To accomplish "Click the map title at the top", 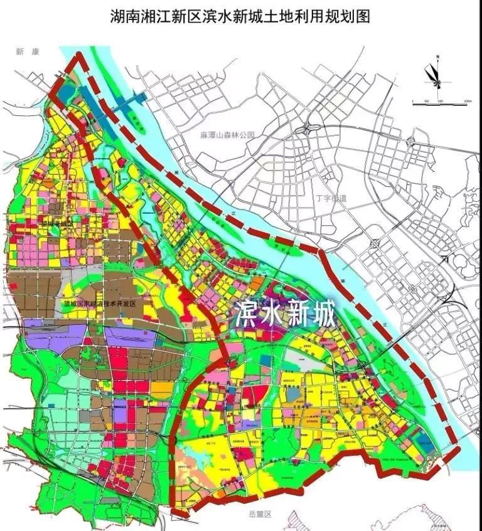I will [x=240, y=17].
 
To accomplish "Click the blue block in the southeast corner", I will [x=424, y=441].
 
